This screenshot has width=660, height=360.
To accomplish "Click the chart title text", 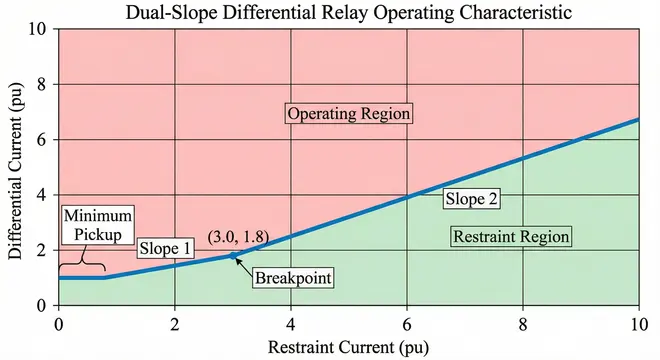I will tap(347, 13).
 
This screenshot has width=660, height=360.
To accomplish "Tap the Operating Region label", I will tap(349, 114).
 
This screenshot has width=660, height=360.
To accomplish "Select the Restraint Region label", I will tap(511, 237).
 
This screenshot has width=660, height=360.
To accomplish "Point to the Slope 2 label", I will tap(471, 199).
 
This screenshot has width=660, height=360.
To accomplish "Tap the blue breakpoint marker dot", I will tap(233, 256).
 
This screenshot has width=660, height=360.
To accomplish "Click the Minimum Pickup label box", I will tap(96, 226).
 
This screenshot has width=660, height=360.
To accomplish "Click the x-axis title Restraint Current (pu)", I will tap(348, 347).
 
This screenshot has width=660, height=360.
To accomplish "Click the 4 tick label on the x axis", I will tap(291, 324).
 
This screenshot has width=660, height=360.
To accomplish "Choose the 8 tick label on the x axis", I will tap(523, 324).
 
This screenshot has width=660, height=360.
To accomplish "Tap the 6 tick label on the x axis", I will tap(407, 324).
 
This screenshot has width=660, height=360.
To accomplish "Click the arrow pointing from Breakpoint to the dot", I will tap(245, 264).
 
